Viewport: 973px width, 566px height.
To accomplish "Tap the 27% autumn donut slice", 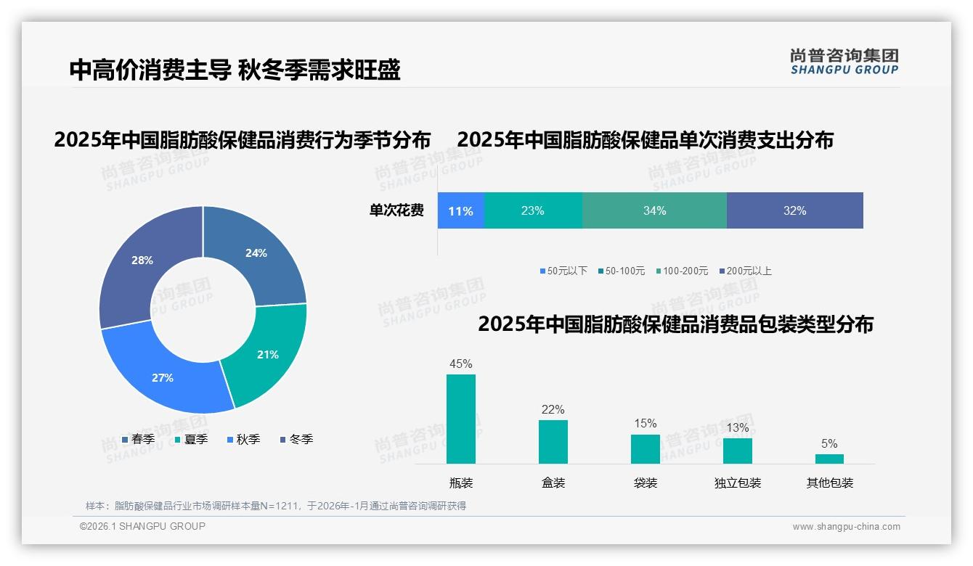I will click(x=163, y=377).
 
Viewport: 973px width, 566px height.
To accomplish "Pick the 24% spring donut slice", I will click(x=256, y=253).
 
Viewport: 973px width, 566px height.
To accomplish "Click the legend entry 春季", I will click(x=138, y=439).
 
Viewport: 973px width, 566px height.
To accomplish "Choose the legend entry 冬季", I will click(x=296, y=439).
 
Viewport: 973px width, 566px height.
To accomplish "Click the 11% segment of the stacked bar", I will click(x=460, y=211).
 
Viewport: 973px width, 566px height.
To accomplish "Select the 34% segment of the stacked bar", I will click(x=654, y=211).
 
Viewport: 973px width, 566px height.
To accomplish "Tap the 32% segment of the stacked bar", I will click(x=794, y=211).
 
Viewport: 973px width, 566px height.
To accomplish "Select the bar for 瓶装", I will click(x=461, y=419).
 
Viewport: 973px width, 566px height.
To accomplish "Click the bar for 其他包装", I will click(x=829, y=459).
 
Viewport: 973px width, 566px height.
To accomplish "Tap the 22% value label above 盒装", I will click(x=553, y=410).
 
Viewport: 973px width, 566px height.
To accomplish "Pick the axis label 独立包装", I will click(x=738, y=483).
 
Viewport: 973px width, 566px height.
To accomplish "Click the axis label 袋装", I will click(x=646, y=483).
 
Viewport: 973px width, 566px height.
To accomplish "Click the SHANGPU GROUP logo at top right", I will click(x=844, y=62).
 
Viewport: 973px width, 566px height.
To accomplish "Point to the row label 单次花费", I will click(x=396, y=211).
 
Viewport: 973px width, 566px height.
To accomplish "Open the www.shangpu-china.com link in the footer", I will click(x=846, y=527).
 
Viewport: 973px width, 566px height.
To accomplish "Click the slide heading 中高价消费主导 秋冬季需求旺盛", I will click(x=235, y=70).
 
